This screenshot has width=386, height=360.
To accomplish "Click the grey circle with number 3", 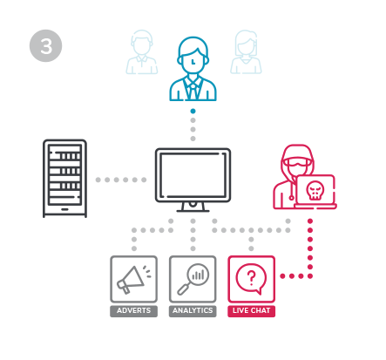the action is tap(45, 45).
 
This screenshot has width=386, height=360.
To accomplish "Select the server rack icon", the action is tap(64, 178).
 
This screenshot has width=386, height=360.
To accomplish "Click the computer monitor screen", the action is tap(193, 175).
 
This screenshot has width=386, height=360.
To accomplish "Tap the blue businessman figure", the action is tap(193, 69).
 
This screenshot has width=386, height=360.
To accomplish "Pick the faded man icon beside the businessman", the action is tap(142, 52).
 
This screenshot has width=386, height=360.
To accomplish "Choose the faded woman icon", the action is tap(246, 52).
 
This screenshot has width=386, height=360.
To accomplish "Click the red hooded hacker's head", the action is tap(297, 160).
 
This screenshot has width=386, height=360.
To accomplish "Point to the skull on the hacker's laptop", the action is tap(315, 190).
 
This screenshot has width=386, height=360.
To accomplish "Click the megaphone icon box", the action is tap(133, 279).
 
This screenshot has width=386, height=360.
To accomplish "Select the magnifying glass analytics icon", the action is tap(193, 279).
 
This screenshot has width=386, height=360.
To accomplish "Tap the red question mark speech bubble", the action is tap(252, 279).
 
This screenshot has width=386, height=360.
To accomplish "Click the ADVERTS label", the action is tap(133, 310).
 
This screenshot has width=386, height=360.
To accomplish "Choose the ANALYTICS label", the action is tap(193, 310).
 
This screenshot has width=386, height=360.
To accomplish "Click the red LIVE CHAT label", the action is tap(252, 310).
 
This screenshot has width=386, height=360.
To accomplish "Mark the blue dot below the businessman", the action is tap(193, 111).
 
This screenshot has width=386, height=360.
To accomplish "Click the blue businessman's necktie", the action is tap(193, 89).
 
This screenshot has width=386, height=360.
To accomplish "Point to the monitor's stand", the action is tap(193, 207).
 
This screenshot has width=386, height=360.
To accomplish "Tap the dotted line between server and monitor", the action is tap(121, 180).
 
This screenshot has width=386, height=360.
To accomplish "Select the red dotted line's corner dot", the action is tap(310, 276).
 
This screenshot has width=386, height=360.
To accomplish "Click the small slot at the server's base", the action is tap(64, 209).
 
